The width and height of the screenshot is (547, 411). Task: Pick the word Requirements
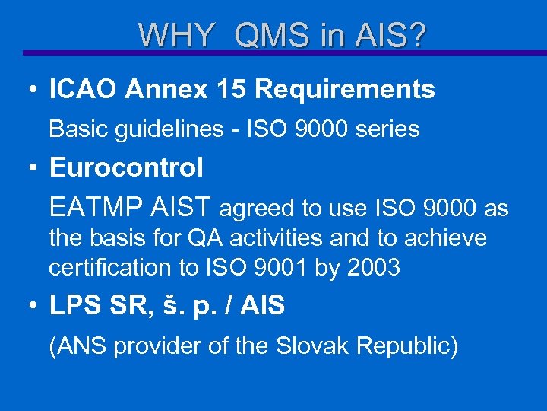(345, 90)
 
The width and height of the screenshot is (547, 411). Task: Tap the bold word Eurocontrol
(126, 168)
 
